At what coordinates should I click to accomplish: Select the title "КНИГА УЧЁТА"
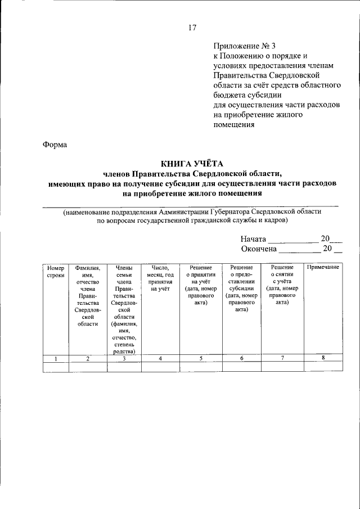point(192,164)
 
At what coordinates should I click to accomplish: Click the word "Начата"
point(253,238)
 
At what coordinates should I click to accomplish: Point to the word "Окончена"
point(259,249)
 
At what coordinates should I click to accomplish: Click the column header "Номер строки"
point(56,271)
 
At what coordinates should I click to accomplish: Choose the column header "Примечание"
point(323,267)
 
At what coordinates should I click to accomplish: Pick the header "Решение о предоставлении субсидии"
point(241,289)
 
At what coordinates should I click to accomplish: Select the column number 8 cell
point(323,358)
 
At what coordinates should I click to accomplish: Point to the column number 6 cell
point(241,358)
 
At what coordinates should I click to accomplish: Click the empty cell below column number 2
point(87,367)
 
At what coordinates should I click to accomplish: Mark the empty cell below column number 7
point(282,367)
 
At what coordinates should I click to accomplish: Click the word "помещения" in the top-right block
point(233,125)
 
